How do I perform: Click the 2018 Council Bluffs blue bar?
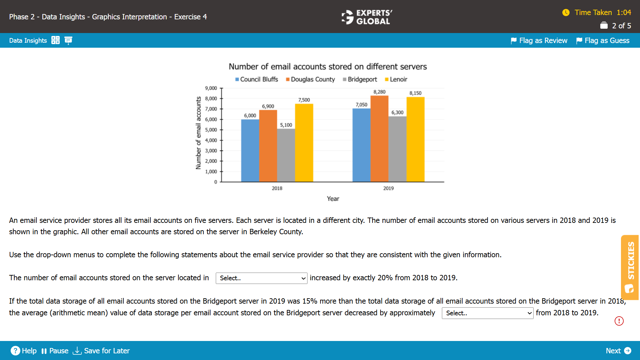point(250,150)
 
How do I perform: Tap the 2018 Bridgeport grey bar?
point(286,155)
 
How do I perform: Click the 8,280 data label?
point(379,92)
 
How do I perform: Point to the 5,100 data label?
point(286,125)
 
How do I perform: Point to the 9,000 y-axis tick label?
point(211,88)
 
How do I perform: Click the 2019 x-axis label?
point(388,189)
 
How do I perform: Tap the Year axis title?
point(333,199)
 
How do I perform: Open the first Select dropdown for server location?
point(261,278)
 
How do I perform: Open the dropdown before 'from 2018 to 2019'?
point(487,313)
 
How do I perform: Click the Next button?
point(618,351)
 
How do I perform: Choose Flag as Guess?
point(603,41)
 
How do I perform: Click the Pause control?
point(55,351)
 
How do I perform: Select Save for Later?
point(101,351)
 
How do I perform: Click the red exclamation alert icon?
point(619,321)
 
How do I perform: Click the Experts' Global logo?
point(367,17)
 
